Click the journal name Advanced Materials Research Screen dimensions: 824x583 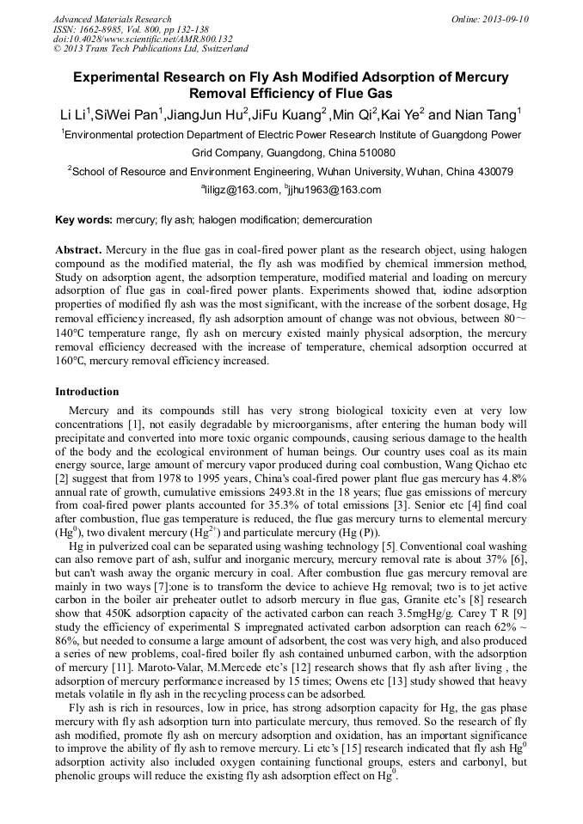click(112, 19)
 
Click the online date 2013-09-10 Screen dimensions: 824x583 click(508, 19)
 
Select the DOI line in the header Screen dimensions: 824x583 click(143, 39)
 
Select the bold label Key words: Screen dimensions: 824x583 click(83, 220)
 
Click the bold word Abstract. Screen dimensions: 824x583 click(79, 250)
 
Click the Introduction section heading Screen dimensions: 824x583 click(87, 392)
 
